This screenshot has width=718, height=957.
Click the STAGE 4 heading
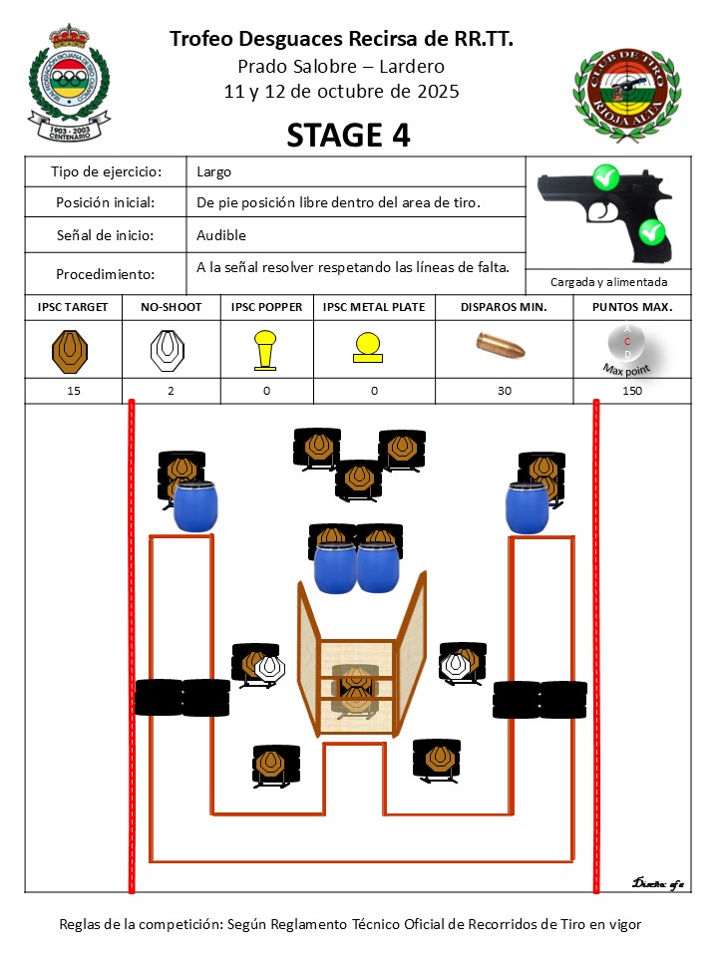tap(348, 135)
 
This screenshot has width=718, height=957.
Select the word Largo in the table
tap(214, 171)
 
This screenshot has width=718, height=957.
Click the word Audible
tap(221, 235)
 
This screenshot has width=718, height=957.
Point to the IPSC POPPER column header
tap(266, 307)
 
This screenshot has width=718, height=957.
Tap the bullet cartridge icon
tap(504, 346)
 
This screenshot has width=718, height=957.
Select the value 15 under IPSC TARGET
tap(74, 391)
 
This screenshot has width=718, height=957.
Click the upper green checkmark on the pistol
tap(605, 178)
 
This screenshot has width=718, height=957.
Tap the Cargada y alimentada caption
tap(608, 282)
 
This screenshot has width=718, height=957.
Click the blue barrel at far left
tap(194, 506)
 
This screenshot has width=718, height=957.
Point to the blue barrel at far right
tap(527, 506)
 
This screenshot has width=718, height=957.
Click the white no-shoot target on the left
tap(270, 668)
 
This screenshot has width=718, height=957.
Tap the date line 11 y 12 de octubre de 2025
tap(342, 91)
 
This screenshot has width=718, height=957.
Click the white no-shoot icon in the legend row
tap(169, 349)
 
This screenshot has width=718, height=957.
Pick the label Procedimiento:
tap(106, 274)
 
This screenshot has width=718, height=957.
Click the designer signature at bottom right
tap(657, 883)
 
